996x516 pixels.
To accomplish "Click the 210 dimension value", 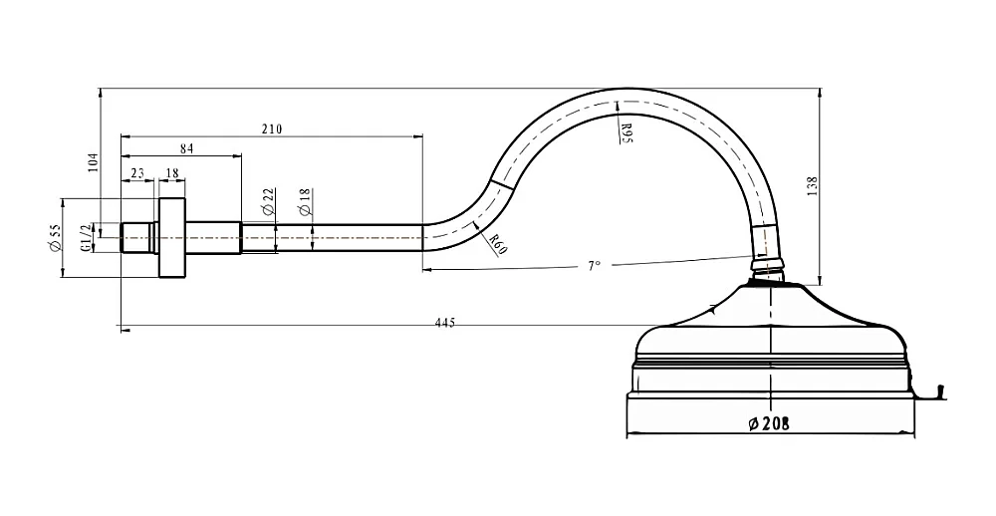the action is tap(272, 129).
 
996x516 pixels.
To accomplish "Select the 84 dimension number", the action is tap(186, 148).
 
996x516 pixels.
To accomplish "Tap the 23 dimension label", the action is tap(137, 173).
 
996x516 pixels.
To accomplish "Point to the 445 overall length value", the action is tap(445, 323).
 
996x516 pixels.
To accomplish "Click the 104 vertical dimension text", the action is tap(94, 162).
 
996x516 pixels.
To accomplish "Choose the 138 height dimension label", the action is tap(813, 186).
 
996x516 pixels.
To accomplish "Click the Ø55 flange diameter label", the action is tap(55, 237).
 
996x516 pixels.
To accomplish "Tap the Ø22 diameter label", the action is tap(267, 200).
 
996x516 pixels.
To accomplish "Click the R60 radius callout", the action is tap(498, 243).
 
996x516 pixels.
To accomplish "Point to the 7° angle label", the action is tap(594, 266).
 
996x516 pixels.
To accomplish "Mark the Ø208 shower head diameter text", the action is tap(769, 423).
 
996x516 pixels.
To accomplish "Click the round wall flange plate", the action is tap(171, 238).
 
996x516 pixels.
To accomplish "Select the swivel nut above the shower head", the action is tap(767, 264).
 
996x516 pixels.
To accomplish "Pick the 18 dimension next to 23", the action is tap(171, 173).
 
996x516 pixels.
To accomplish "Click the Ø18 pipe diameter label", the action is tap(304, 200).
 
